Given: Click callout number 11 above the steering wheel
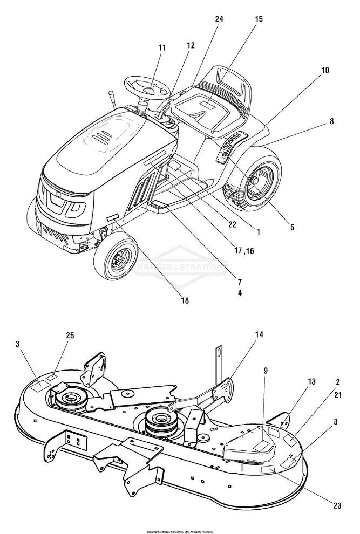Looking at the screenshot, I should tap(162, 48).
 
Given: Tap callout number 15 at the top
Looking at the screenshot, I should tap(259, 19).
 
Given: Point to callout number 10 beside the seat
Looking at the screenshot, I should tap(324, 71).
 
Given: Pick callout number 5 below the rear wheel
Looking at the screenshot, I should tap(292, 227).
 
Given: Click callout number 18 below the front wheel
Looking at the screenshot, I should tap(184, 301).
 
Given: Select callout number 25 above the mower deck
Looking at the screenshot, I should tap(70, 336).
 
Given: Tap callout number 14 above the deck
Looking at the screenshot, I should tap(259, 335).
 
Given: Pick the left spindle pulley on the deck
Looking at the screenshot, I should tap(70, 399).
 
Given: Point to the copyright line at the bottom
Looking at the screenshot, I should tap(179, 531).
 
